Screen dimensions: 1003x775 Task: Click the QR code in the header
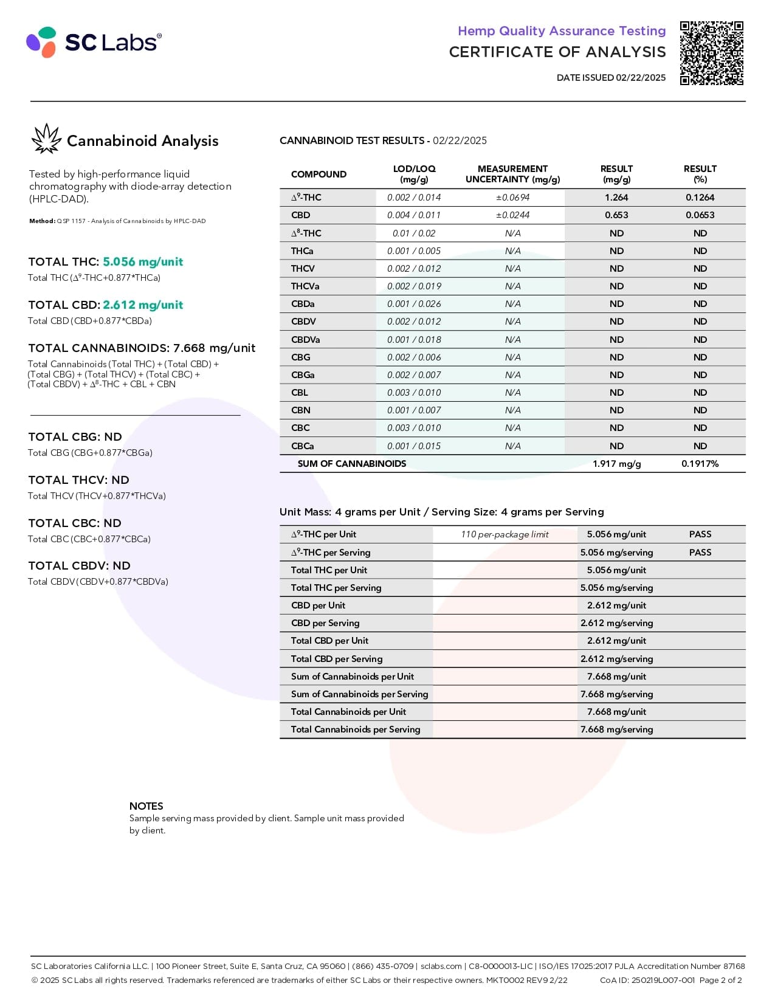712,53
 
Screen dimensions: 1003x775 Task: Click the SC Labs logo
94,42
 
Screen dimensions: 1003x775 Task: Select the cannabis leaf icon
46,139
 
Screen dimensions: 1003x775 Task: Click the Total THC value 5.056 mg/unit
143,262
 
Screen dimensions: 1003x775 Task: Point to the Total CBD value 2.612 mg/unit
143,305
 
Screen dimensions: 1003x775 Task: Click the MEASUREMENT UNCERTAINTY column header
512,174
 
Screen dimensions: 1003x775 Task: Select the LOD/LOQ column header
414,174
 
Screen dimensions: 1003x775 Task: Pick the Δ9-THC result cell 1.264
616,198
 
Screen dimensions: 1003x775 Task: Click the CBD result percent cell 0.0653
700,215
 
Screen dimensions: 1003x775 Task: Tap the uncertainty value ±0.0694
512,198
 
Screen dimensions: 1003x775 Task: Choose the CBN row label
301,410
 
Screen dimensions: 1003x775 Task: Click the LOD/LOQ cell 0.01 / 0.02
414,233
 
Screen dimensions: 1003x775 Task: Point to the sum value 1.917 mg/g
616,464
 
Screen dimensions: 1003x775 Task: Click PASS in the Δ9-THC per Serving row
700,553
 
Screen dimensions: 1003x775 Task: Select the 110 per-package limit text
505,534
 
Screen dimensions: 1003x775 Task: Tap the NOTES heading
146,806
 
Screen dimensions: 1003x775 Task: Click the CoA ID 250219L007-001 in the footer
647,980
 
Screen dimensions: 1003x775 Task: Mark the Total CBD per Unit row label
329,641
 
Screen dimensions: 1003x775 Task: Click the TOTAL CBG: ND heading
75,437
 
